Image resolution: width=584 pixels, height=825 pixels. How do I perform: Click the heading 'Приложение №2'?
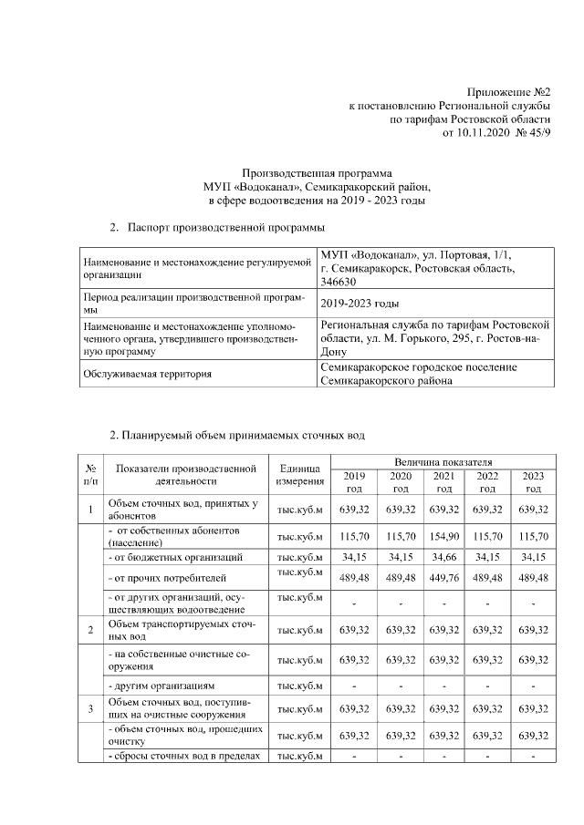[x=509, y=92]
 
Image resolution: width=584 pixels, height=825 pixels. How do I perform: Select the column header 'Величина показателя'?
[x=443, y=463]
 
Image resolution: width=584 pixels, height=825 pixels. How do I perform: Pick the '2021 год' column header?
[x=443, y=482]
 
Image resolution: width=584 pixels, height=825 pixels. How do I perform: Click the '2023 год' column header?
[x=532, y=482]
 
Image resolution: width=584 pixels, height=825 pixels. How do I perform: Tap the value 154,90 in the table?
[x=443, y=537]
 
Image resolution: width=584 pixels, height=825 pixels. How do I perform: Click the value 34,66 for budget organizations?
[x=443, y=556]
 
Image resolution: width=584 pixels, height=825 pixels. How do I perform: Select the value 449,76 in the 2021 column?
[x=443, y=577]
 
